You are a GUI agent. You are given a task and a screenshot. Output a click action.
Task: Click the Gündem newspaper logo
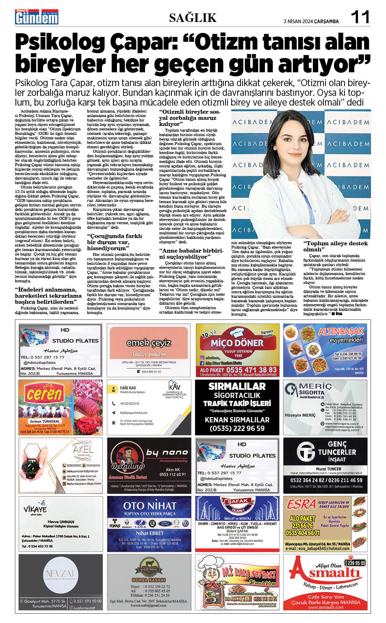[x=37, y=17]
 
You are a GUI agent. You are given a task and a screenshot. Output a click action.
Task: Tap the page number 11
[x=360, y=17]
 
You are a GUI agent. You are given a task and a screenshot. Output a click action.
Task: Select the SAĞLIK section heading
[x=193, y=17]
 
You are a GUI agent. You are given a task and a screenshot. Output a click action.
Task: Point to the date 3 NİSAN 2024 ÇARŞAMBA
[x=311, y=22]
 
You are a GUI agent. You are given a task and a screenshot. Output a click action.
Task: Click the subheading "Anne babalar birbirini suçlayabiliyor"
[x=191, y=253]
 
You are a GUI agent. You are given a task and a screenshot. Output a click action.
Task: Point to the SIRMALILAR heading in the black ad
[x=237, y=386]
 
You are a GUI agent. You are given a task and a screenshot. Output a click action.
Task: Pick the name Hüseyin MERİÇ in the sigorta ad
[x=300, y=415]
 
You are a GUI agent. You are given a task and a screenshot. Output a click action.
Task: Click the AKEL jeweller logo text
[x=83, y=449]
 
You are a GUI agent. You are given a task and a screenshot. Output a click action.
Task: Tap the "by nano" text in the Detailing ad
[x=167, y=452]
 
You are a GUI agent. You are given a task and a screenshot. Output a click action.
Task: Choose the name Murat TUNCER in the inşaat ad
[x=328, y=469]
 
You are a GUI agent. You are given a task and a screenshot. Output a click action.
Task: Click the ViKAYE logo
[x=35, y=509]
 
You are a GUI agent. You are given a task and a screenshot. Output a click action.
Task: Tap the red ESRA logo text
[x=301, y=504]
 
